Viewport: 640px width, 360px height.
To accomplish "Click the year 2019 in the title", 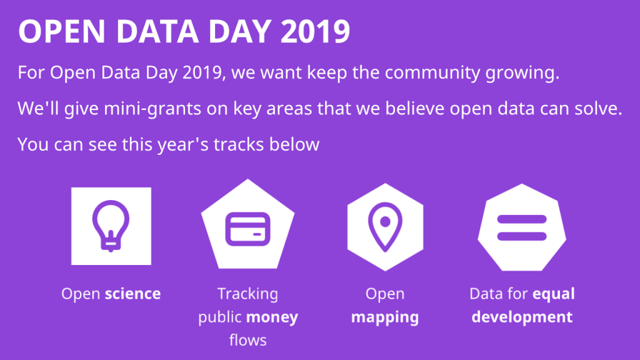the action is (315, 31).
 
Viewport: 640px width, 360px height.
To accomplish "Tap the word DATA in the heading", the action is (158, 31).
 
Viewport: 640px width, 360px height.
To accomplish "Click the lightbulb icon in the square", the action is (111, 226).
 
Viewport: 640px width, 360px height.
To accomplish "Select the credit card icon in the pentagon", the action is (247, 229).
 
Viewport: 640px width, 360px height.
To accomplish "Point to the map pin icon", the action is (385, 227).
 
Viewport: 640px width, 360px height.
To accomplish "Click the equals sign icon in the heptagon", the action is (522, 227).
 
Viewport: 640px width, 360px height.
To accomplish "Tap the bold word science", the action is (132, 294).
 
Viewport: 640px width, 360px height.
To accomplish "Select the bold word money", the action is (272, 317).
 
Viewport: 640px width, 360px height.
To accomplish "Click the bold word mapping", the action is (385, 317).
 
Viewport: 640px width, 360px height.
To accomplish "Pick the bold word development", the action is (522, 317).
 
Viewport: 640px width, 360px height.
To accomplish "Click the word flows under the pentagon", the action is (247, 340).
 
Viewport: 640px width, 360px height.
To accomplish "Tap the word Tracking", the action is (247, 294).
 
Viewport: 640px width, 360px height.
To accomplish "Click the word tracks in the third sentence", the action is (238, 144).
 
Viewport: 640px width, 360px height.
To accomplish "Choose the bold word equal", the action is (554, 294).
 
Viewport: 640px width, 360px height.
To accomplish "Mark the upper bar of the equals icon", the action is (522, 219).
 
